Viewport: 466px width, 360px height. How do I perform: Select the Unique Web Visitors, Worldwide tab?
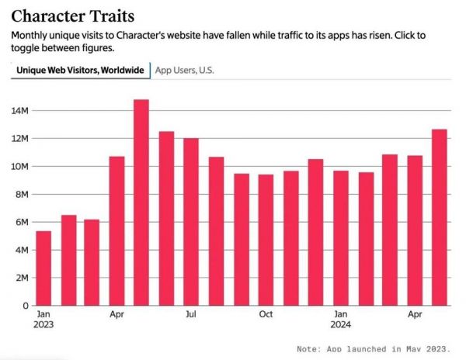pos(80,70)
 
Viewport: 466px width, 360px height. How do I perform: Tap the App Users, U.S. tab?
pos(185,70)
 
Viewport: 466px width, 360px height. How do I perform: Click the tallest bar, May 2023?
pos(141,202)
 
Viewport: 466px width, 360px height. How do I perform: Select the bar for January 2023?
pos(43,268)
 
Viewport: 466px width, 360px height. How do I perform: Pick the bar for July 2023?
pos(191,222)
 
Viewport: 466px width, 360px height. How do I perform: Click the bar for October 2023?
pos(266,240)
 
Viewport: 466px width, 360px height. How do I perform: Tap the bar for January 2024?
pos(341,238)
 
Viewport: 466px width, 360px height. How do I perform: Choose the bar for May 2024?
pos(440,217)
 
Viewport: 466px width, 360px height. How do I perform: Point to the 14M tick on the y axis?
pos(19,111)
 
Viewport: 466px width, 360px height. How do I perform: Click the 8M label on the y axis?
pos(21,194)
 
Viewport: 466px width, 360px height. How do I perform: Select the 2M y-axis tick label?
pos(21,278)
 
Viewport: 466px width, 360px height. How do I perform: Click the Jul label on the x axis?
pos(191,314)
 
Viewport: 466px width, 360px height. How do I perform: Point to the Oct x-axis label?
pos(266,314)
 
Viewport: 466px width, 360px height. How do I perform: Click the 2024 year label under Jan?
pos(341,325)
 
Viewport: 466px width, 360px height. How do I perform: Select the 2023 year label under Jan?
pos(43,325)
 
